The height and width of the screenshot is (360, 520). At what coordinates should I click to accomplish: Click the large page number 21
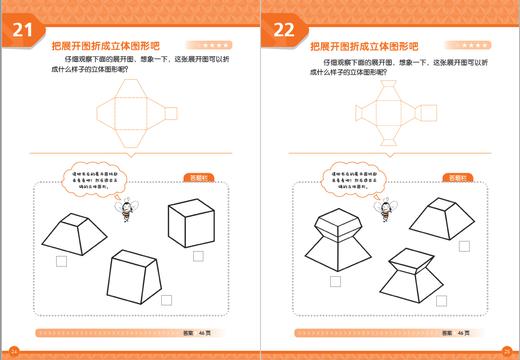pos(22,32)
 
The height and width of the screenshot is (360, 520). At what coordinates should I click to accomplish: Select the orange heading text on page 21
pos(109,45)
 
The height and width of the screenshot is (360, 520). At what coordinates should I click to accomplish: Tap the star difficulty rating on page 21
pos(217,45)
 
